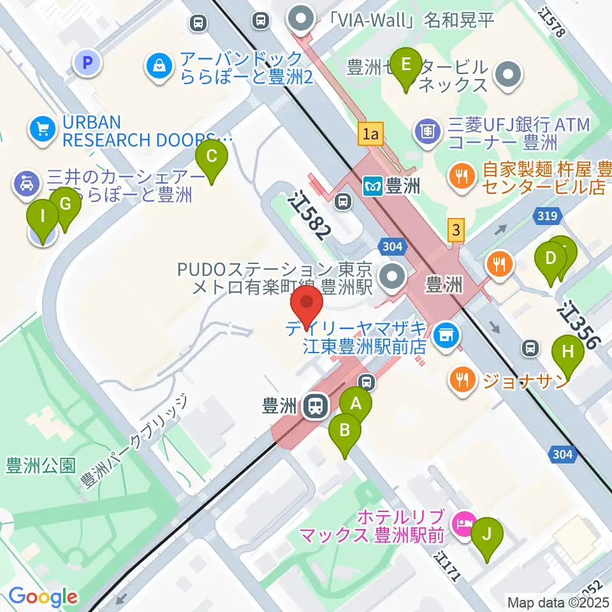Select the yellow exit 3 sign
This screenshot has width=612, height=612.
(x=455, y=229)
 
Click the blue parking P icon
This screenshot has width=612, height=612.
(x=89, y=62)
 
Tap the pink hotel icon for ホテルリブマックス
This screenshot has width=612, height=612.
(x=463, y=524)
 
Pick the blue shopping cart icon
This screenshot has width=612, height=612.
(x=43, y=129)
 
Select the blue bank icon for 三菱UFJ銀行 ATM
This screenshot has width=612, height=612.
(x=428, y=131)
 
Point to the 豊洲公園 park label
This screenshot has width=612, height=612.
(x=41, y=465)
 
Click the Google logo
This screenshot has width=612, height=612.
(x=43, y=597)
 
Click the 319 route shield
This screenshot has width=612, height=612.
(x=548, y=217)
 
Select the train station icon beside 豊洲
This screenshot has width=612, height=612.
(x=313, y=405)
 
